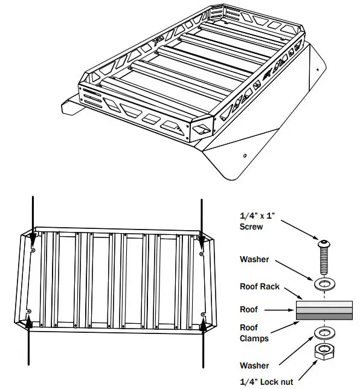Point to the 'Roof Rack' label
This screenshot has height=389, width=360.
(260, 286)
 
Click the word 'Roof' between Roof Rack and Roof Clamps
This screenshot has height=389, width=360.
(248, 309)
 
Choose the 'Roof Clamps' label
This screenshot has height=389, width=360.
(254, 334)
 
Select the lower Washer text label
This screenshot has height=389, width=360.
(255, 365)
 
